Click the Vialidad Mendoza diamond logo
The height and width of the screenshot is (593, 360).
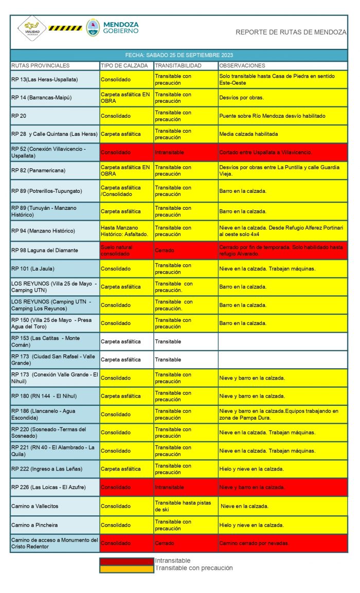click(32, 29)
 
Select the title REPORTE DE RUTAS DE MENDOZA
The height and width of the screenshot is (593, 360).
click(291, 32)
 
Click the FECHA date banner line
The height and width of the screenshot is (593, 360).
click(179, 55)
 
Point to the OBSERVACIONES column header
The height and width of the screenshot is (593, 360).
click(242, 66)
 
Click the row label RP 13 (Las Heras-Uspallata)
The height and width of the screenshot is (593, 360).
click(44, 80)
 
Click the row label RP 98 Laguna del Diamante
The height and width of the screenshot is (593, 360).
click(44, 250)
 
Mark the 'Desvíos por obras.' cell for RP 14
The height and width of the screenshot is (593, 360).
click(241, 98)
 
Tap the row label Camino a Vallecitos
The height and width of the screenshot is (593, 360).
click(35, 506)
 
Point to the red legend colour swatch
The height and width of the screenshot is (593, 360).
click(127, 561)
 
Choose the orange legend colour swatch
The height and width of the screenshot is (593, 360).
click(127, 568)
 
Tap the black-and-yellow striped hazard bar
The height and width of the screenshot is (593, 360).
click(65, 28)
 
